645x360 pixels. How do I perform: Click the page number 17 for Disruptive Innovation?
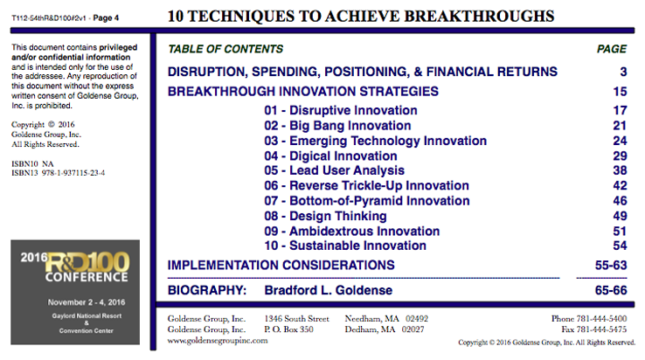[x=620, y=110]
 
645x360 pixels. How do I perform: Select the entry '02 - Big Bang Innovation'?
[x=337, y=126]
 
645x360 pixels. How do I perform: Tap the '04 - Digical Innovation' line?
[x=330, y=156]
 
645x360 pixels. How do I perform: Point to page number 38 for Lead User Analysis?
[x=620, y=170]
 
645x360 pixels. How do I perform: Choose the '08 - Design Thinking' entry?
[x=325, y=216]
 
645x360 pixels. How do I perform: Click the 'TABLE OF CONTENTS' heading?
[x=225, y=49]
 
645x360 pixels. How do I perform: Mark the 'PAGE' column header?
[x=612, y=49]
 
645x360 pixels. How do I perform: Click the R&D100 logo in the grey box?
[x=87, y=263]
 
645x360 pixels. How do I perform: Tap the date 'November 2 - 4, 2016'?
[x=87, y=302]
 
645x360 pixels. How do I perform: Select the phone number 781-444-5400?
[x=601, y=318]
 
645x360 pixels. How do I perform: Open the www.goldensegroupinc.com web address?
[x=218, y=341]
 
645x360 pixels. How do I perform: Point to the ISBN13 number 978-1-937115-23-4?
[x=73, y=173]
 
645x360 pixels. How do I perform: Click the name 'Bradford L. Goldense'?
[x=329, y=290]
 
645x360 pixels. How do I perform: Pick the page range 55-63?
[x=611, y=265]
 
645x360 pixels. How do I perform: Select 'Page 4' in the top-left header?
[x=106, y=17]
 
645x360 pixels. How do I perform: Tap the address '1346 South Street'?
[x=296, y=318]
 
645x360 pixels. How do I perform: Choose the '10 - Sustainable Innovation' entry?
[x=345, y=246]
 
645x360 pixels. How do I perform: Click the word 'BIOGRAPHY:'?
[x=207, y=290]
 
